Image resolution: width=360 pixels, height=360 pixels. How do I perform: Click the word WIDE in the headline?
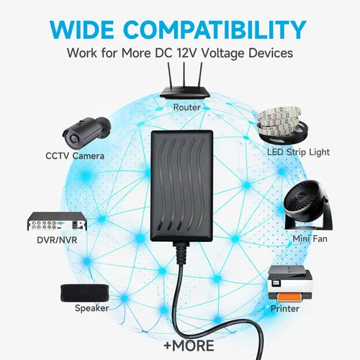[82, 30]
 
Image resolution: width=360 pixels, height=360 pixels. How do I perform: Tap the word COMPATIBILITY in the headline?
[216, 30]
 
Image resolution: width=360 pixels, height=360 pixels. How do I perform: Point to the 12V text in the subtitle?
[187, 53]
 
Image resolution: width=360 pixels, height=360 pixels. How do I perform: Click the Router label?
[186, 107]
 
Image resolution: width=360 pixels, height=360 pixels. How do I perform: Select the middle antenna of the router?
[184, 75]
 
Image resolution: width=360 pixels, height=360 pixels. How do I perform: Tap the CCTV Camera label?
[75, 156]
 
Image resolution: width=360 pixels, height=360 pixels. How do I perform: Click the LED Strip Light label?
[298, 152]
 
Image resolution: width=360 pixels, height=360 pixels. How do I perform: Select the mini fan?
[308, 204]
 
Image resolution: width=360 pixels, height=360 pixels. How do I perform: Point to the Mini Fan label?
[310, 239]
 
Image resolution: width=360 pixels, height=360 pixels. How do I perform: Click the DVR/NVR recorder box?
[57, 221]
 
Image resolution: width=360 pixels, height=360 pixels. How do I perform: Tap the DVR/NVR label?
[57, 240]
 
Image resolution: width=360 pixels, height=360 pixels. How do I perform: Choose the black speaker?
[85, 293]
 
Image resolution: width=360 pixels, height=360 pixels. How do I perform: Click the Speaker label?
[91, 308]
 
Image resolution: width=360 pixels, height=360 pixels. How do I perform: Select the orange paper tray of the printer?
[289, 298]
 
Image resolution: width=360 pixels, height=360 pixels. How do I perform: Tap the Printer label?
[285, 309]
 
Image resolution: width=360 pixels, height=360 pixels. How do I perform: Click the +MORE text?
[189, 346]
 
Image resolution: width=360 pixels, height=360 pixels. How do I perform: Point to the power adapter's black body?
[182, 186]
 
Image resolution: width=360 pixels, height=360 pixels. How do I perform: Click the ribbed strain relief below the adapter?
[181, 253]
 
